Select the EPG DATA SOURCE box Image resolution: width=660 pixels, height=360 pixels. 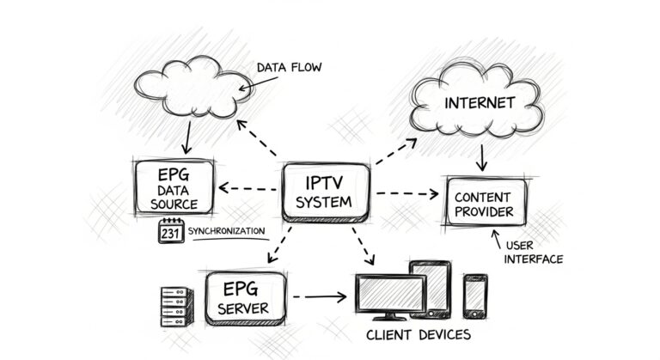174,186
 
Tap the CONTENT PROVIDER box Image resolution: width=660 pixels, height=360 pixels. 486,202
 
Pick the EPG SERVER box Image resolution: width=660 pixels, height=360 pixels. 245,297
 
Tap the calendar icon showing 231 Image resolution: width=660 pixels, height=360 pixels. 171,231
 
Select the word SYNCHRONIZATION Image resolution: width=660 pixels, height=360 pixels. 227,232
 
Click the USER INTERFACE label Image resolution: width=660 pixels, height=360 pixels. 533,252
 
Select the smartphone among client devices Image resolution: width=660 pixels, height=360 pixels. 475,294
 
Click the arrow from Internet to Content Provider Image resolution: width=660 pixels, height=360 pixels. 482,157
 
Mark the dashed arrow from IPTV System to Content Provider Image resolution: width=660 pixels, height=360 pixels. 406,193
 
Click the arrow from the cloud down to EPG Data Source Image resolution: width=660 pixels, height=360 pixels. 187,137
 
